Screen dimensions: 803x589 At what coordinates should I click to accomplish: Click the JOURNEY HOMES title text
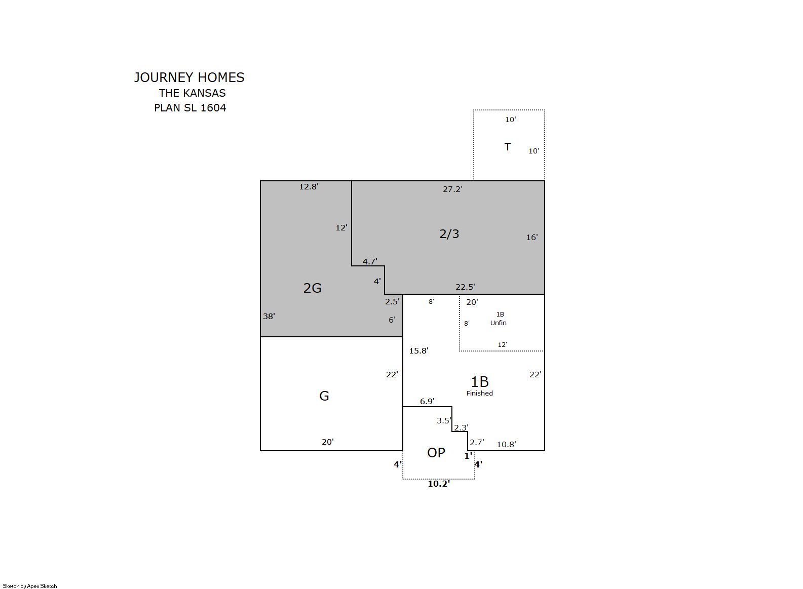189,78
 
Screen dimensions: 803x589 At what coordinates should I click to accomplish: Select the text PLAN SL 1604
190,108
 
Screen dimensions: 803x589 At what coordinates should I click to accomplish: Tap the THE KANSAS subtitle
192,93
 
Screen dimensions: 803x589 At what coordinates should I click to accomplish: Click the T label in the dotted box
507,147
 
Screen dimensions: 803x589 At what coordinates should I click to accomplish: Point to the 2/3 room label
449,234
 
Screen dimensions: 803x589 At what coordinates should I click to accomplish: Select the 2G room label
312,288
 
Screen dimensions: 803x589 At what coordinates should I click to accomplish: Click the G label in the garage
324,396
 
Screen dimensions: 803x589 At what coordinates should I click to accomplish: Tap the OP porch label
436,453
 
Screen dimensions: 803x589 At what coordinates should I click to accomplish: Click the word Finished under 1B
480,394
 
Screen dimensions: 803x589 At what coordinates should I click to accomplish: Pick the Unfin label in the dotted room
499,323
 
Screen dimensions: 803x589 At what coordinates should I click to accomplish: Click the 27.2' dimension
452,189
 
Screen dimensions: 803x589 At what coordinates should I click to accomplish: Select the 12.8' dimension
309,187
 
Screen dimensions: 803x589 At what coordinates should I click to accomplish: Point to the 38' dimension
269,317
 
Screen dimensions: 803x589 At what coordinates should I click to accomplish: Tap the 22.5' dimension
465,287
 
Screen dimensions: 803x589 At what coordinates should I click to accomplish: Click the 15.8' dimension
418,351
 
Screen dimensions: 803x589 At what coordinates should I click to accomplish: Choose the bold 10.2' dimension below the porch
439,484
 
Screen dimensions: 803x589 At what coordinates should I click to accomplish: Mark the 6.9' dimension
427,402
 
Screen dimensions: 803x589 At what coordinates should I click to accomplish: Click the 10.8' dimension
506,445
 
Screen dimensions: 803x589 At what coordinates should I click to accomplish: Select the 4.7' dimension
370,261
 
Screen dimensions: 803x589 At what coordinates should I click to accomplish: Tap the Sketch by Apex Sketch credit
30,586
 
